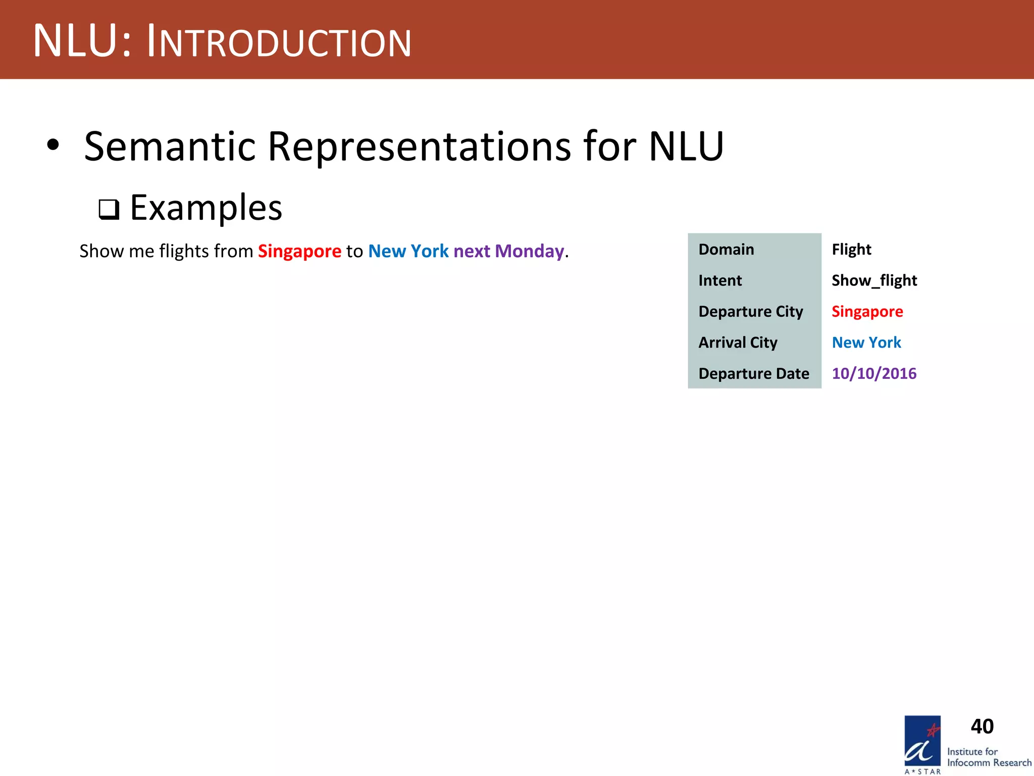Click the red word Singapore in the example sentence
point(299,251)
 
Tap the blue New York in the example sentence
point(408,251)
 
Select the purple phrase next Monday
point(508,251)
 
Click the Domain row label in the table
point(726,250)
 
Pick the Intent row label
point(720,280)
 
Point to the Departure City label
point(750,312)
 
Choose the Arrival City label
point(738,343)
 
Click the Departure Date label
point(753,374)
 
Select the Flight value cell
point(851,250)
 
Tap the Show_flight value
point(874,280)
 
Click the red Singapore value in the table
point(867,312)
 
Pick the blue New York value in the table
point(866,343)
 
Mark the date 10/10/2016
point(874,374)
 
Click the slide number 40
point(982,726)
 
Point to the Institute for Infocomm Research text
point(989,757)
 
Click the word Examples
point(206,208)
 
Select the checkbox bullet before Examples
point(109,209)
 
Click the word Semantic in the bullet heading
point(170,147)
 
